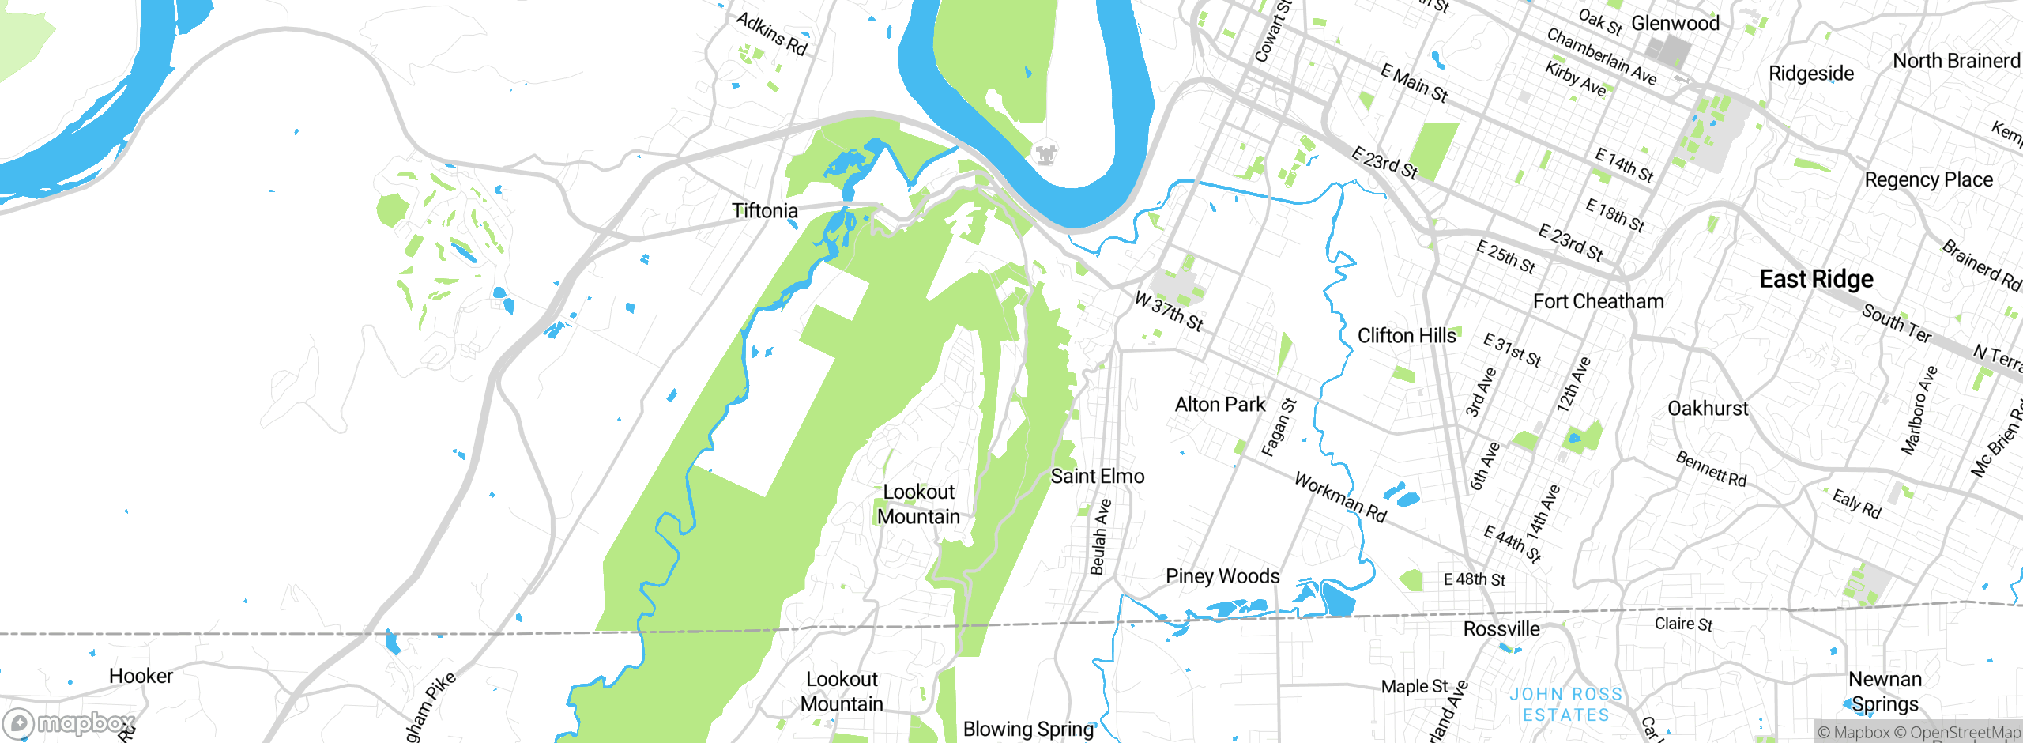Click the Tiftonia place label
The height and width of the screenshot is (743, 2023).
point(764,211)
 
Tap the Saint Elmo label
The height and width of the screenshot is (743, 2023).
point(1097,477)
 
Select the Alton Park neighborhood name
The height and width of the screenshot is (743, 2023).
point(1219,405)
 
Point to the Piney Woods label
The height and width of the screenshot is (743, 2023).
point(1222,576)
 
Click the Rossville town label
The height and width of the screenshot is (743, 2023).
point(1501,629)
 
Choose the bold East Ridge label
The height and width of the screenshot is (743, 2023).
point(1816,279)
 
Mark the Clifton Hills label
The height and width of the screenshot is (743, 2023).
point(1406,336)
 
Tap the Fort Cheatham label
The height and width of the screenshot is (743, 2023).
point(1598,301)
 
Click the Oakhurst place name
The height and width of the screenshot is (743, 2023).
point(1708,409)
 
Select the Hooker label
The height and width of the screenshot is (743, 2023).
point(141,677)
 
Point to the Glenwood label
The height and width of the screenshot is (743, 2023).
point(1675,24)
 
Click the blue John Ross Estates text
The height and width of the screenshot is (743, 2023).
point(1565,704)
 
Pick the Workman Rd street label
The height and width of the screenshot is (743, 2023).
point(1340,497)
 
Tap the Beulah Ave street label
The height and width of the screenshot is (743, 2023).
point(1100,537)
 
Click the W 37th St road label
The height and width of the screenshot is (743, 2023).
point(1169,311)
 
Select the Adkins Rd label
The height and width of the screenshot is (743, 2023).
point(771,34)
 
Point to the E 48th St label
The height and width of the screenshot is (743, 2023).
point(1474,579)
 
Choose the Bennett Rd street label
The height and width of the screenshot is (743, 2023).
point(1711,469)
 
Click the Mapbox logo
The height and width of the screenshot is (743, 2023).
point(70,723)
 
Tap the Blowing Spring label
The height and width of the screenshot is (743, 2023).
point(1027,730)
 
